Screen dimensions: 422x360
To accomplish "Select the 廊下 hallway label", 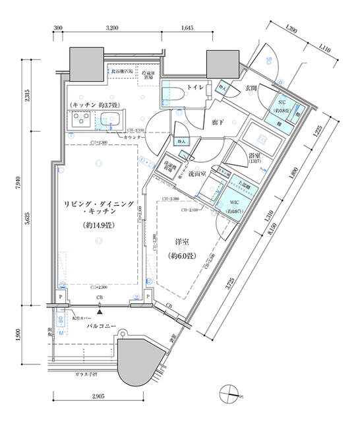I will tap(218, 123).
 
